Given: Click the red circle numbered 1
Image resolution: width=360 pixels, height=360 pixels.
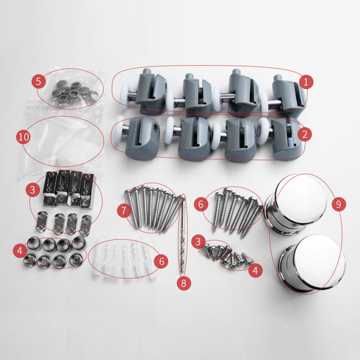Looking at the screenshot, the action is pos(306,82).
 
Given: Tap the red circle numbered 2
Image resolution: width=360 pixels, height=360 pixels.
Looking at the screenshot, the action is pos(304,134).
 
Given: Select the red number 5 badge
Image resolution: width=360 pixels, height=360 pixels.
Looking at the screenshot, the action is pos(38,81).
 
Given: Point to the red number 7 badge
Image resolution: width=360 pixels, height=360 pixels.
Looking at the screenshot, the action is pos(124,210).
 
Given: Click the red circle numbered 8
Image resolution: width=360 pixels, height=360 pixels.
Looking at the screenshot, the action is pos(184,283).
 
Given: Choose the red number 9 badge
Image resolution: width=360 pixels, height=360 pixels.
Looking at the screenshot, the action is pos(339,204).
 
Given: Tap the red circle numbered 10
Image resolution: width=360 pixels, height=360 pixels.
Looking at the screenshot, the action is pos(23,137).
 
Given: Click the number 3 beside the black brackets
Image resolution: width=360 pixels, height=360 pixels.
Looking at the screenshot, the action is pos(33,190).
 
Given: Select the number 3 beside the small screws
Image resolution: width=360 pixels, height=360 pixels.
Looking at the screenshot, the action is pos(198,241).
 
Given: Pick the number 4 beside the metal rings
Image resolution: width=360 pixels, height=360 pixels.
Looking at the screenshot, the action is pos(20,251).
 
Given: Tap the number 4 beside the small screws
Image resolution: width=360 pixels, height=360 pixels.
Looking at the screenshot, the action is pos(255,270).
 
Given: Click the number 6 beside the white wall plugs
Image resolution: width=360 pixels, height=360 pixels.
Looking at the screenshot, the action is pos(162,261).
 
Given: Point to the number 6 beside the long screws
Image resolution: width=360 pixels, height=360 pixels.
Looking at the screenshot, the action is pos(201,204).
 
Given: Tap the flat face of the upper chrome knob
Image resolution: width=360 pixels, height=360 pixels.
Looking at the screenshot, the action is pos(301,199).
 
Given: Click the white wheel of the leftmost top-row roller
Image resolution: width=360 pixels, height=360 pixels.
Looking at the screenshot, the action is pos(125,96).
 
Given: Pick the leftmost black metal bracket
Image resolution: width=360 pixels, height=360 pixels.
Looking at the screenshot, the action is pos(50,188).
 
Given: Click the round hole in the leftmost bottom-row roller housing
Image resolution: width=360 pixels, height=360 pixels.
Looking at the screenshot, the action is pos(156,126).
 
